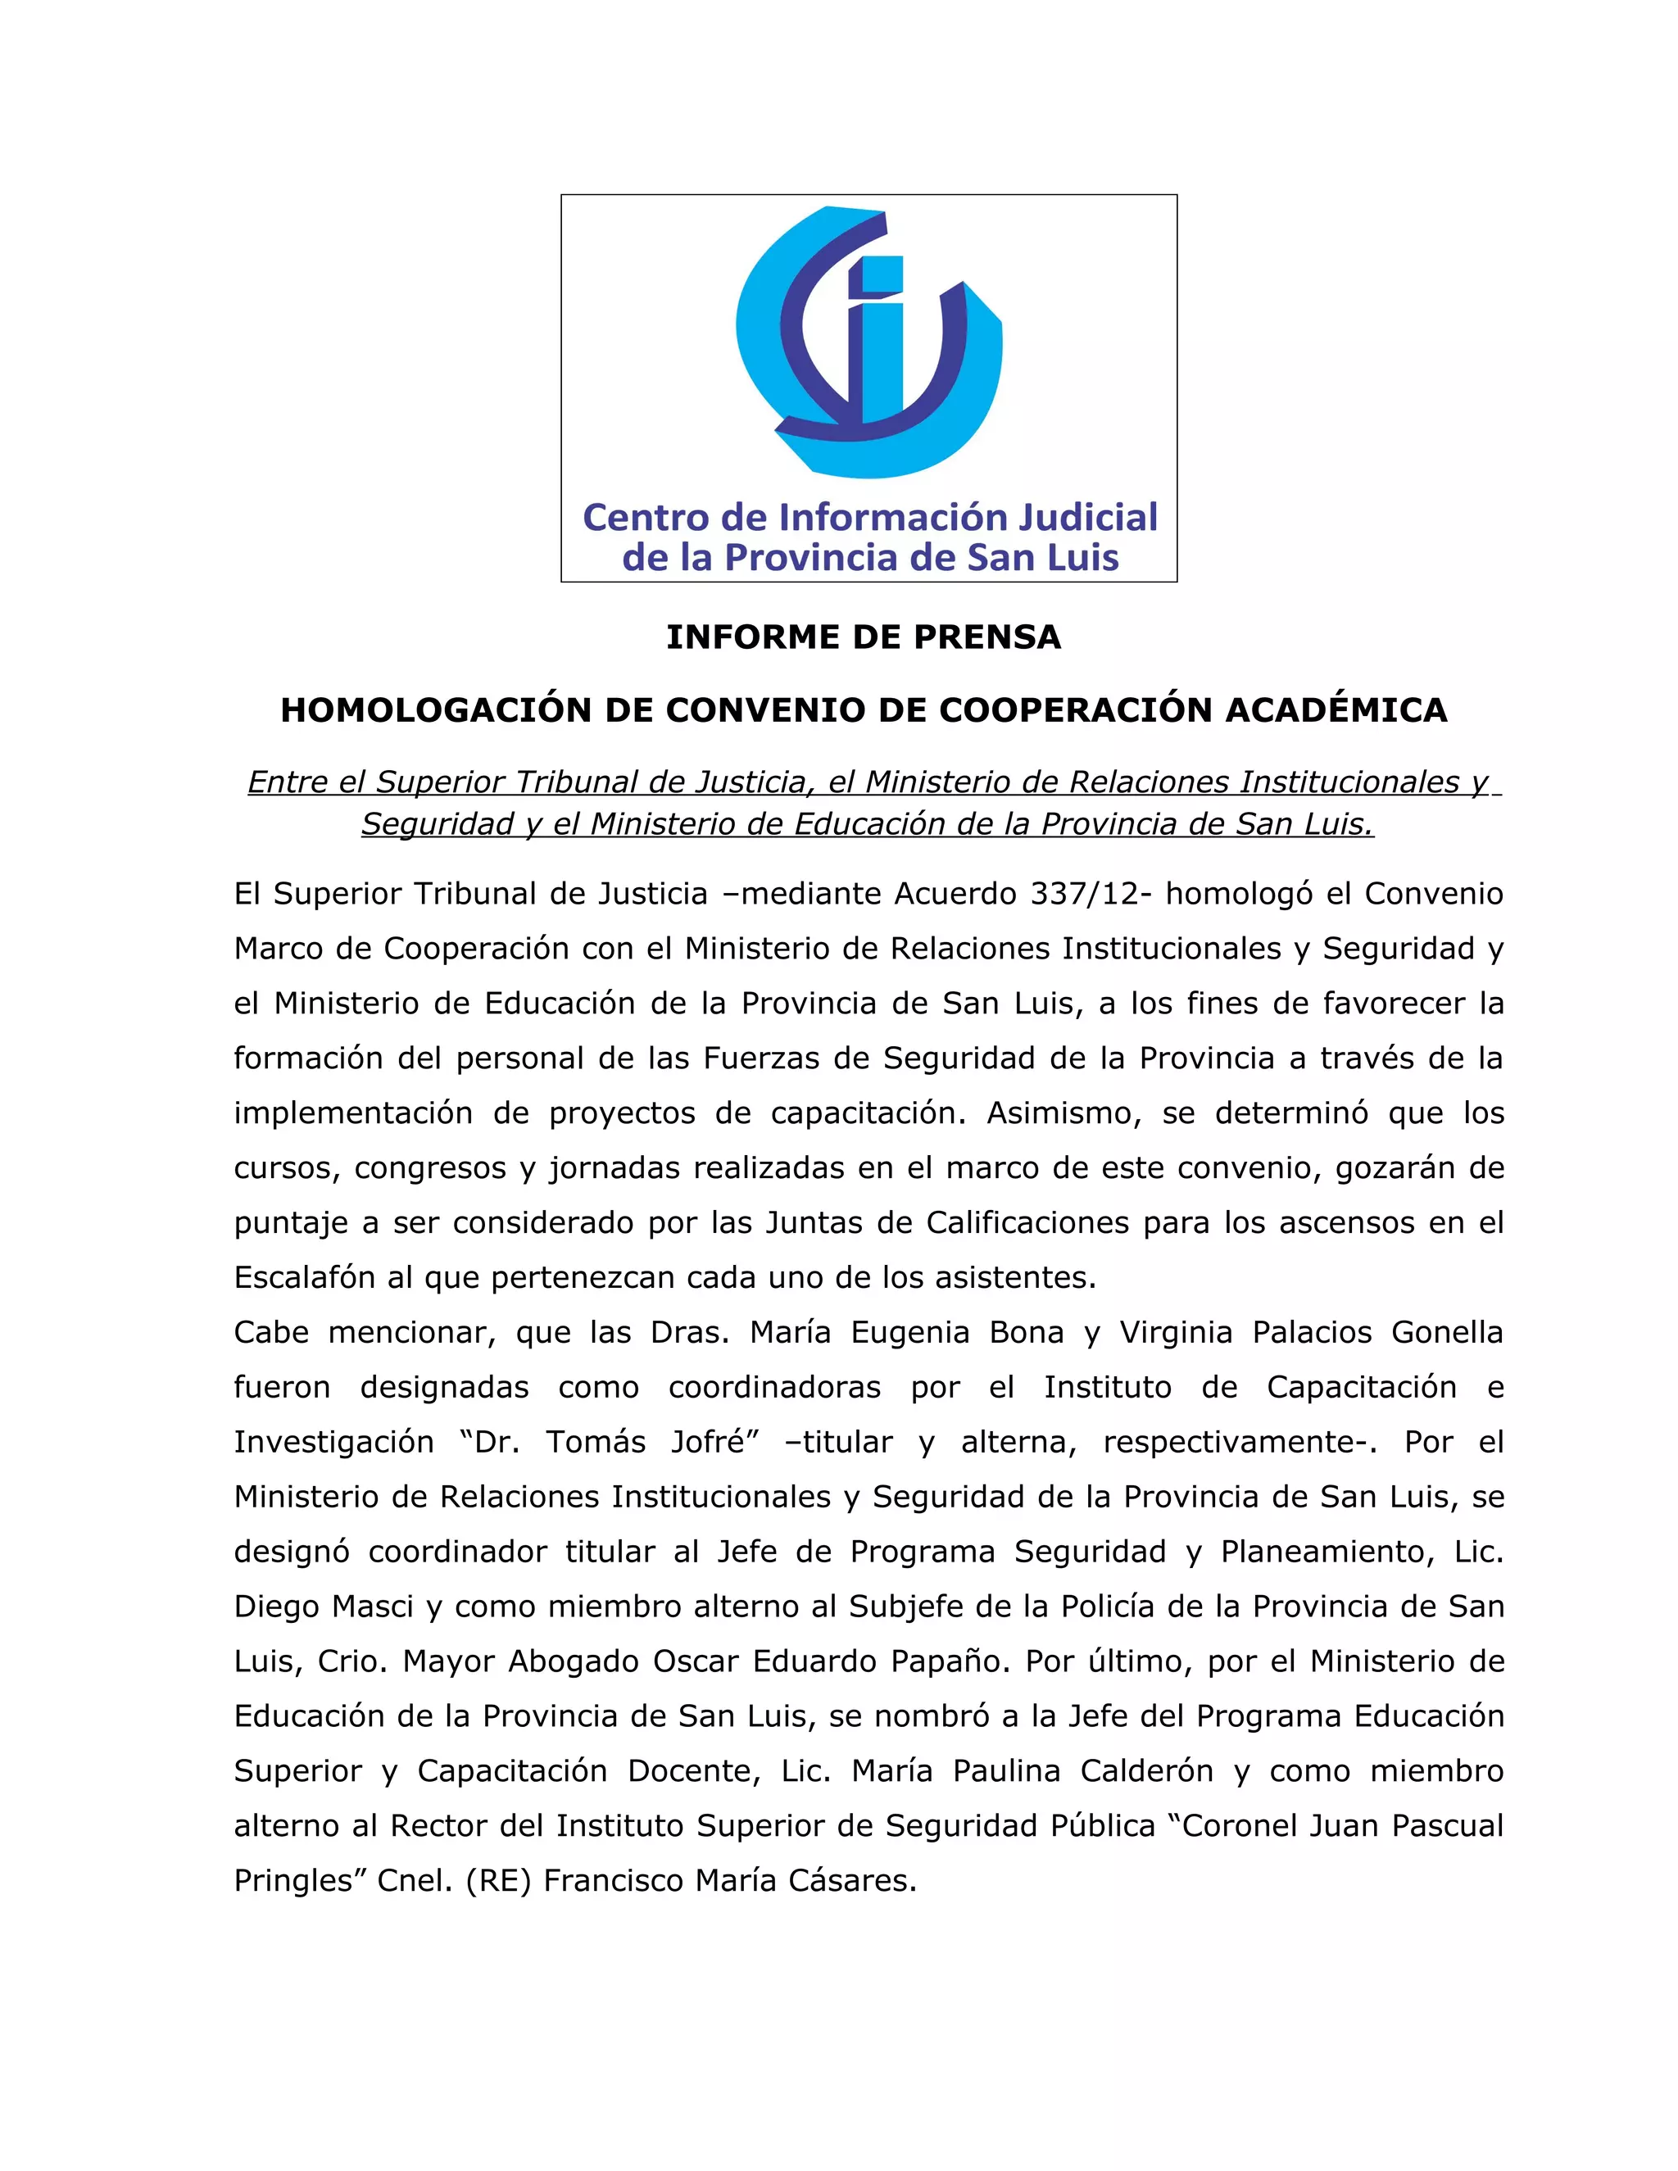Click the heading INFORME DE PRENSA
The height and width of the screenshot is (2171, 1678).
point(863,637)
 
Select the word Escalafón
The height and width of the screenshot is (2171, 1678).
point(300,1277)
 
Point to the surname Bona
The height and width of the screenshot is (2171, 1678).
point(1029,1332)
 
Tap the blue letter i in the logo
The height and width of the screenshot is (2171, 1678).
point(881,338)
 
